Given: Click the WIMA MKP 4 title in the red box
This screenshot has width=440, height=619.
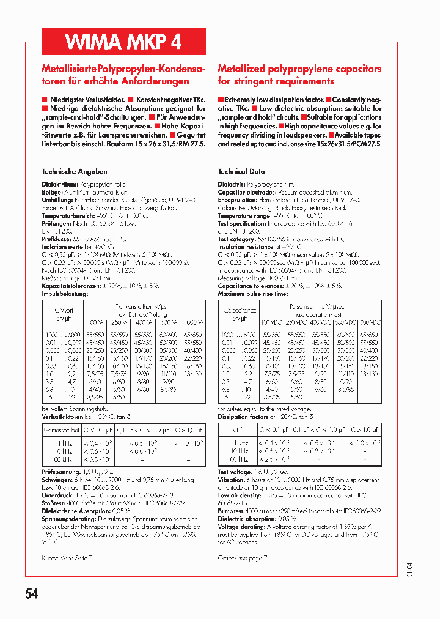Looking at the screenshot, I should (123, 41).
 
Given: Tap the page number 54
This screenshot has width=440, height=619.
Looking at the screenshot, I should (34, 594).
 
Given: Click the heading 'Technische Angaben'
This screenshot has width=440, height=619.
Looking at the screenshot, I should (74, 172).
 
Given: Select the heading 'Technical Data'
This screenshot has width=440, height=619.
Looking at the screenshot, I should (241, 172).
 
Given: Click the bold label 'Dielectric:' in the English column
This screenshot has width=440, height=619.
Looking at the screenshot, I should (231, 184).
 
